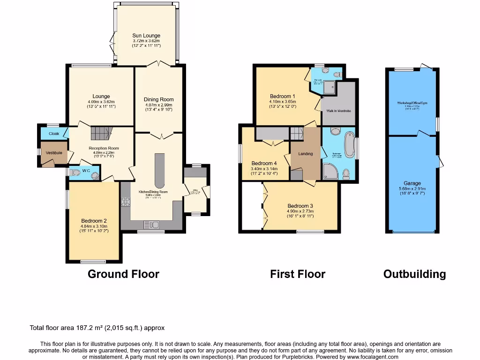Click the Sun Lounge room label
point(146,36)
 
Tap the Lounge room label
point(101,97)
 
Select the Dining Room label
point(158,99)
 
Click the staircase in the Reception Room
point(99,133)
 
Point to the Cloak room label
point(53,134)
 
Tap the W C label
point(86,171)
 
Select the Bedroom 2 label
point(94,221)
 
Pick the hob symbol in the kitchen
point(125,202)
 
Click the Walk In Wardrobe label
point(338,111)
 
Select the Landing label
point(305,154)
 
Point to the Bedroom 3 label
point(300,206)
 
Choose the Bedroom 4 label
point(264,164)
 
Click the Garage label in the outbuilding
point(412,183)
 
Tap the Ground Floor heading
point(123,274)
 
